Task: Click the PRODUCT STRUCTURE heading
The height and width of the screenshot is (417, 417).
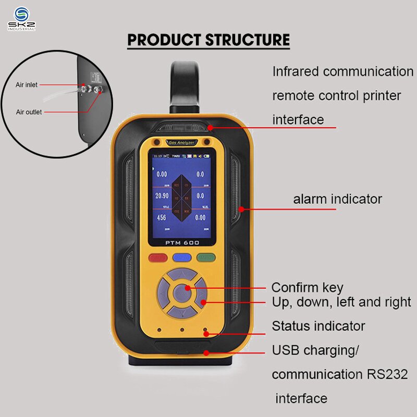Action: point(208,40)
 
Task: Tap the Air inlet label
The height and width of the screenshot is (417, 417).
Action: point(27,84)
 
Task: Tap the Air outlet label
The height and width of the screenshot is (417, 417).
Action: point(29,112)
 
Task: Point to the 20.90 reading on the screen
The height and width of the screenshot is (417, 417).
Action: point(162,195)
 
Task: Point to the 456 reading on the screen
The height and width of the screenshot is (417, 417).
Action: point(162,217)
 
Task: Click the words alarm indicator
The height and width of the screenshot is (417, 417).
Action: point(337,199)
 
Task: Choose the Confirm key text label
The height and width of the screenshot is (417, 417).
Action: point(307,288)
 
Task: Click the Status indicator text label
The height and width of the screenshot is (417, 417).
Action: point(318,326)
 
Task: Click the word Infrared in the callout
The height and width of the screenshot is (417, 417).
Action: point(295,72)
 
